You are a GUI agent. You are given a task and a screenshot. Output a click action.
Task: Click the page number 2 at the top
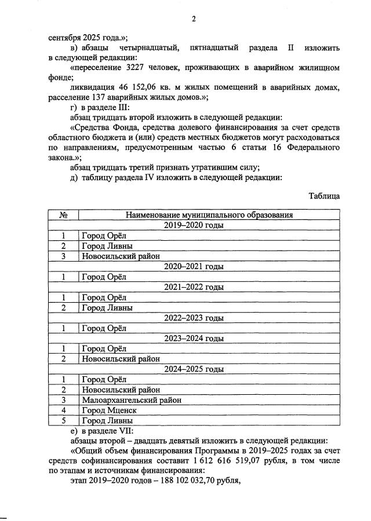tap(194, 19)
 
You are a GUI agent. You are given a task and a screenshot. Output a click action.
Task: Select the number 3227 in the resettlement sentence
tap(136, 68)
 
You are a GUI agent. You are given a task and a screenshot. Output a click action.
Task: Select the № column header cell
tap(64, 215)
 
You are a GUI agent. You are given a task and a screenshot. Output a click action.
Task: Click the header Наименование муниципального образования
tap(209, 215)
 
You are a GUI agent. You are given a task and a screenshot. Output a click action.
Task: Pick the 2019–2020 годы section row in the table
tap(194, 225)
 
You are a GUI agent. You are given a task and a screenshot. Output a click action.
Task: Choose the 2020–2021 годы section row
tap(194, 266)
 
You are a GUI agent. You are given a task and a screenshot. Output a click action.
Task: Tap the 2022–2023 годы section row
tap(194, 318)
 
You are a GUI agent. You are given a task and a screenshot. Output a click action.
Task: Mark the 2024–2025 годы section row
tap(194, 369)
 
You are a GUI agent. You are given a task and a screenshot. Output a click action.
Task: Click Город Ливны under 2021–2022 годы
tap(107, 307)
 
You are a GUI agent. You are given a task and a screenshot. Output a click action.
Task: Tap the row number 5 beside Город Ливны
tap(64, 420)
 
